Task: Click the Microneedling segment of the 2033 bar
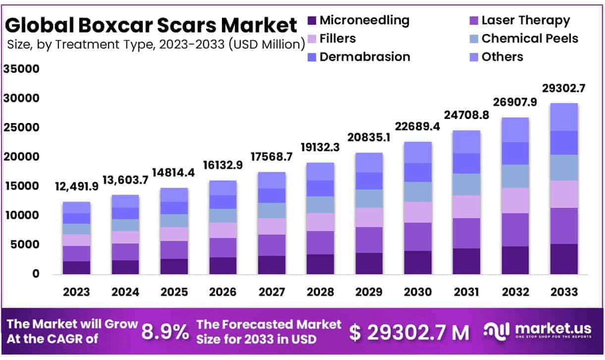(563, 259)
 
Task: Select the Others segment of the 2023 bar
(76, 207)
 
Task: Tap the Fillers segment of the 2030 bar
(417, 212)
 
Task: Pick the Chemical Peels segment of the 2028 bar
(320, 205)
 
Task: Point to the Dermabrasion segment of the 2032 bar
(515, 153)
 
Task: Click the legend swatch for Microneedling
(312, 21)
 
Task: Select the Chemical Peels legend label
(529, 38)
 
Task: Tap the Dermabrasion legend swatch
(312, 57)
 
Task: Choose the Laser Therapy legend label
(525, 20)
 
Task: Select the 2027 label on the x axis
(272, 292)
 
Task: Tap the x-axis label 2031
(466, 292)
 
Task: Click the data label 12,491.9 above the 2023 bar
(77, 187)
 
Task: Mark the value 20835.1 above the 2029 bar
(369, 137)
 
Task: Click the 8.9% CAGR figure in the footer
(165, 332)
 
